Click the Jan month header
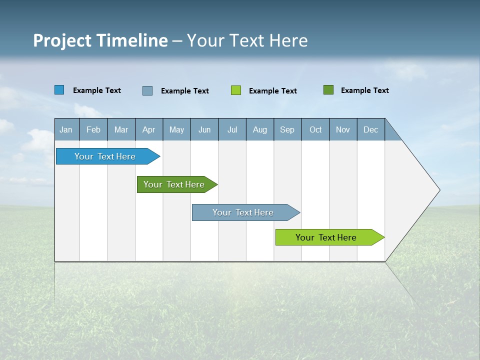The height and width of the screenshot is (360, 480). pyautogui.click(x=66, y=129)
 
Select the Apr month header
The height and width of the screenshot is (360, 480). pyautogui.click(x=149, y=129)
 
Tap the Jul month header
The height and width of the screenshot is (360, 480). pyautogui.click(x=232, y=129)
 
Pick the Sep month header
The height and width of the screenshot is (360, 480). pyautogui.click(x=287, y=129)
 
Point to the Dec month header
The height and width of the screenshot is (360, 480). pyautogui.click(x=370, y=129)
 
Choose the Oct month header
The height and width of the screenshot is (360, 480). pyautogui.click(x=315, y=129)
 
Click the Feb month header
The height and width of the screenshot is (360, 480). pyautogui.click(x=93, y=129)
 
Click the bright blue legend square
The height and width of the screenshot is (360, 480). pyautogui.click(x=59, y=90)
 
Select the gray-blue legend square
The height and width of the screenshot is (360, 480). pyautogui.click(x=147, y=90)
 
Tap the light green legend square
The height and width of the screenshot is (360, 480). pyautogui.click(x=236, y=90)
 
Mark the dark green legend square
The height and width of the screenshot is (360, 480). pyautogui.click(x=328, y=90)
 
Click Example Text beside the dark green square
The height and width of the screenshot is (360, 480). pyautogui.click(x=364, y=90)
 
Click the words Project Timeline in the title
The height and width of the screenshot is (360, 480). pyautogui.click(x=100, y=40)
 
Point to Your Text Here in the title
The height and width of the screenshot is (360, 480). pyautogui.click(x=247, y=40)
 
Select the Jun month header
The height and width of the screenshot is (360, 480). pyautogui.click(x=204, y=129)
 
